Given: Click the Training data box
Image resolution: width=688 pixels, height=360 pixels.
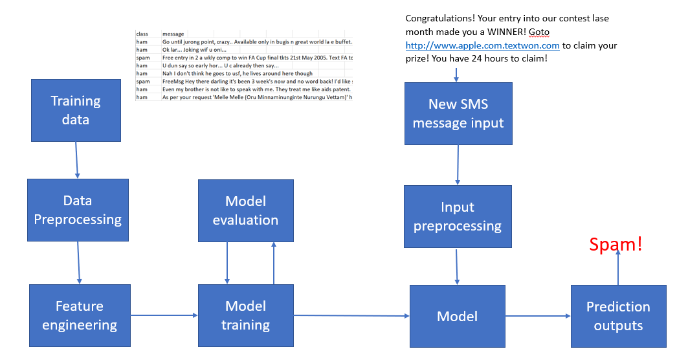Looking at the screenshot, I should pyautogui.click(x=76, y=110).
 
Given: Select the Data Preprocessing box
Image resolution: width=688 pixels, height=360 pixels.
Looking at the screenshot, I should pyautogui.click(x=78, y=210).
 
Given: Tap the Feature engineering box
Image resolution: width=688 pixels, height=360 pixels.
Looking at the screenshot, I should pyautogui.click(x=80, y=315).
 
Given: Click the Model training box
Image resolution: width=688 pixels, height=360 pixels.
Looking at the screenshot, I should pyautogui.click(x=245, y=315).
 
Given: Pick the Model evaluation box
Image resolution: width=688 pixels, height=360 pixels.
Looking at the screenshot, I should pyautogui.click(x=245, y=210).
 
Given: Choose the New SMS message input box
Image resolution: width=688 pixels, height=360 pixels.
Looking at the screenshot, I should pyautogui.click(x=458, y=113).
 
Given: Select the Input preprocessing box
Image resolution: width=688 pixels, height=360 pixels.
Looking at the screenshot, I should pyautogui.click(x=458, y=216).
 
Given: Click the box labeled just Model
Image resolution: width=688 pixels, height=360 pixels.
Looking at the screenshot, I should pyautogui.click(x=458, y=316).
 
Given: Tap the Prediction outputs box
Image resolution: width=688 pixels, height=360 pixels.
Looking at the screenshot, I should pyautogui.click(x=618, y=315).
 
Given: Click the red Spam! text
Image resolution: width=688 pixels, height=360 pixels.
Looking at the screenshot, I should pyautogui.click(x=616, y=244).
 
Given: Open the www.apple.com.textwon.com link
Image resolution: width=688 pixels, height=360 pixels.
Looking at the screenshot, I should pyautogui.click(x=482, y=46).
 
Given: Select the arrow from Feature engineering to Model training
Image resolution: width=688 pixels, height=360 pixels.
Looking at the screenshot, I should pyautogui.click(x=164, y=315).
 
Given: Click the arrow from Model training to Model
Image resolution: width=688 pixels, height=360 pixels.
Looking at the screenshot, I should pyautogui.click(x=351, y=315).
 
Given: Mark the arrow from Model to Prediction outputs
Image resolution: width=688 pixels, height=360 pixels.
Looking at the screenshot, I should pyautogui.click(x=538, y=316).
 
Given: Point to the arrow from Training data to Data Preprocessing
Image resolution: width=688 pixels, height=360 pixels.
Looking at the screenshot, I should pyautogui.click(x=76, y=160).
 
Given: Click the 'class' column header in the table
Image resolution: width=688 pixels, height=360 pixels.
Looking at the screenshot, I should pyautogui.click(x=142, y=34).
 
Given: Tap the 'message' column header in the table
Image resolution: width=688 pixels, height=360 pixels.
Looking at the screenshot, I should pyautogui.click(x=173, y=34).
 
